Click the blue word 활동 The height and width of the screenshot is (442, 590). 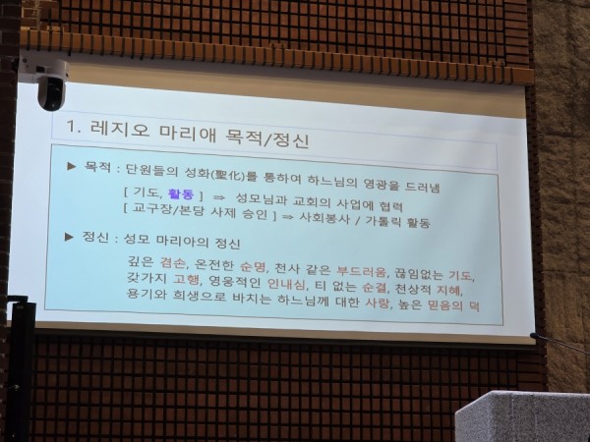click(x=181, y=193)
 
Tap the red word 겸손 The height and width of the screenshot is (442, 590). click(x=173, y=262)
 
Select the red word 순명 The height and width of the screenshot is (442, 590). click(x=253, y=266)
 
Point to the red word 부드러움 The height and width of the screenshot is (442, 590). click(x=362, y=271)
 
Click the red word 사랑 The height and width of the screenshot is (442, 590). click(x=377, y=303)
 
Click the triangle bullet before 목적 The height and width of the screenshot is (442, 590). click(x=72, y=165)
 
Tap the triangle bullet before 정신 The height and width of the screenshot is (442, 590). click(x=69, y=237)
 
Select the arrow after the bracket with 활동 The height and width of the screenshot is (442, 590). click(x=218, y=197)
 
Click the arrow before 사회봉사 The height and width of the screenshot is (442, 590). click(x=287, y=217)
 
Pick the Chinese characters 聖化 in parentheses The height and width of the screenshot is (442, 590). click(x=229, y=176)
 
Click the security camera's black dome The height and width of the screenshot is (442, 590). click(x=51, y=94)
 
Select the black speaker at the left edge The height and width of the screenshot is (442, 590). click(x=20, y=368)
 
